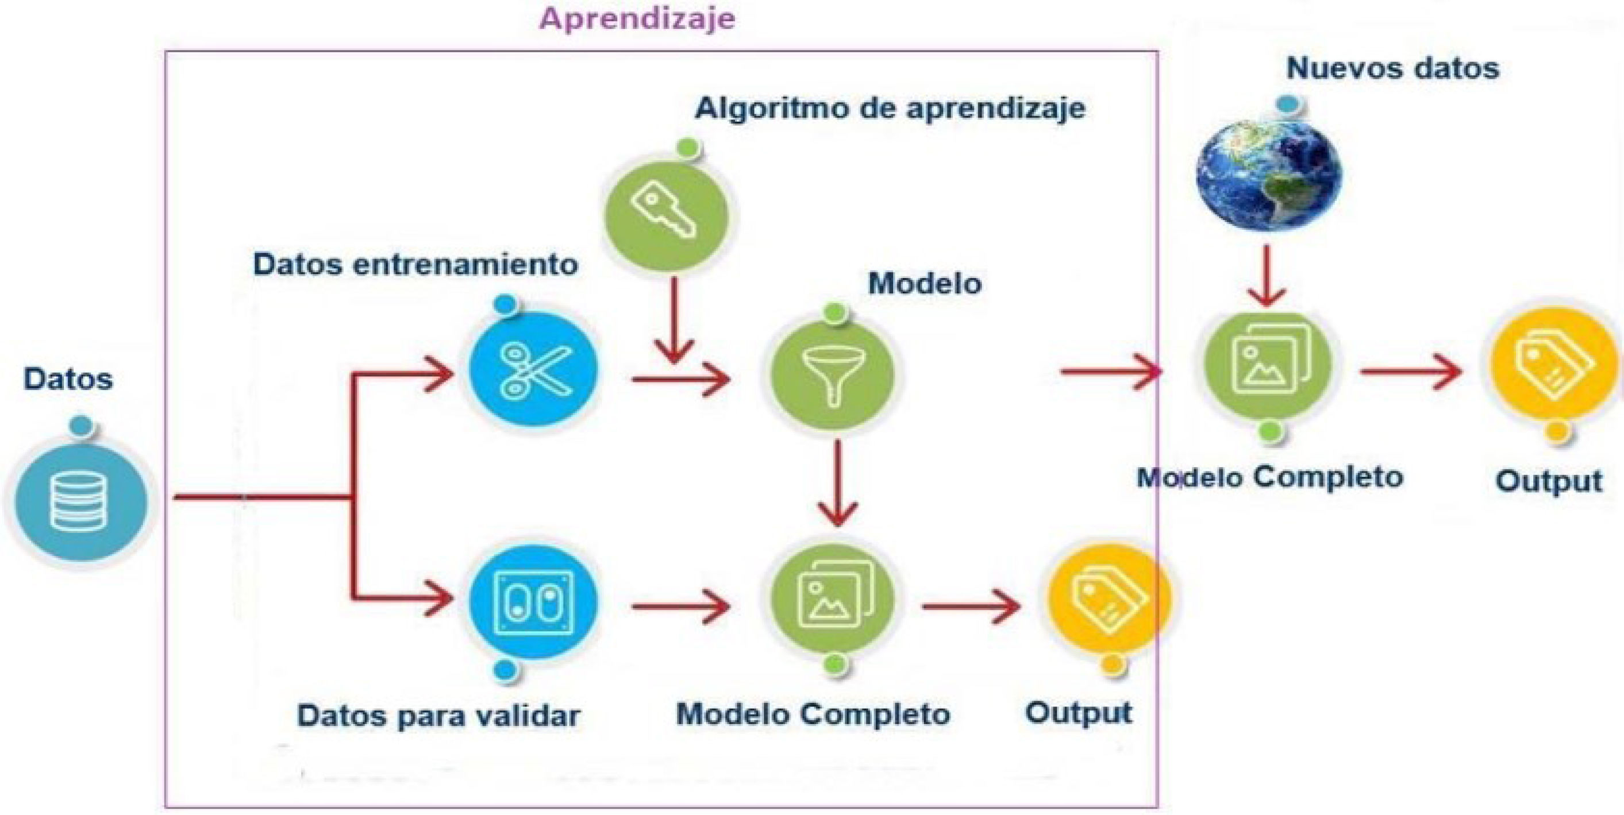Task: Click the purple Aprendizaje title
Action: point(637,19)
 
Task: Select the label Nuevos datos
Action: point(1392,68)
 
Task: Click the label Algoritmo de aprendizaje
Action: point(890,109)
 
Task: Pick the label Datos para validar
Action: point(438,716)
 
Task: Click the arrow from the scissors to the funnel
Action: point(681,380)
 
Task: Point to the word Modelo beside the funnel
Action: point(924,284)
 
